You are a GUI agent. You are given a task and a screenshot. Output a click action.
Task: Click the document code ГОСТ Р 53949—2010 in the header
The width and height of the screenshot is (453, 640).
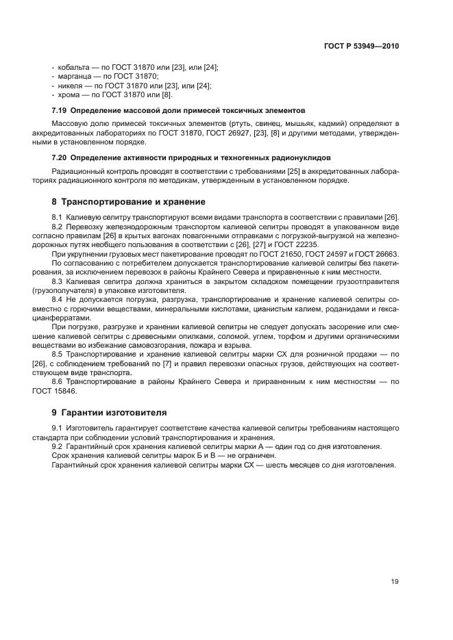pyautogui.click(x=360, y=47)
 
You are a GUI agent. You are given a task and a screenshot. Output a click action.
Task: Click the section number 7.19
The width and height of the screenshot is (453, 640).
pyautogui.click(x=60, y=110)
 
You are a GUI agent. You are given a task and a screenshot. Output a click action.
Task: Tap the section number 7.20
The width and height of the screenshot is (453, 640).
pyautogui.click(x=60, y=157)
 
